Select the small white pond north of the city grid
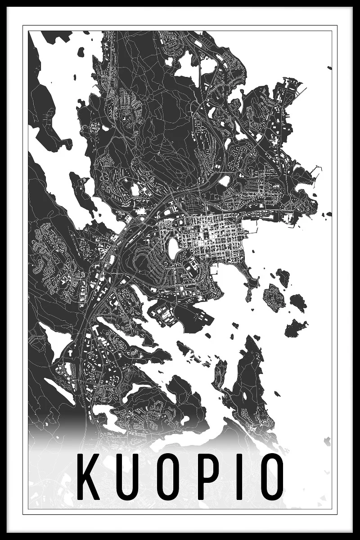click(x=224, y=180)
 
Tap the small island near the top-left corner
click(x=81, y=52)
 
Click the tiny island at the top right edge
click(x=329, y=68)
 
